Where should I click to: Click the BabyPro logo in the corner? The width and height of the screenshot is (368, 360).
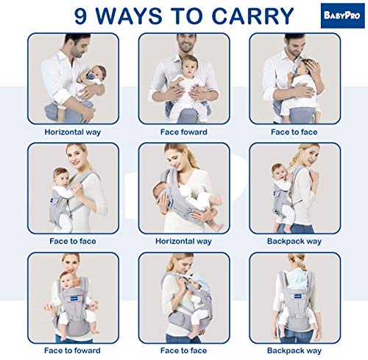(342, 15)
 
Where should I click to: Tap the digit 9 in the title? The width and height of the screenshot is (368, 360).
(81, 16)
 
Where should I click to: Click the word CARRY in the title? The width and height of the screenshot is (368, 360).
(252, 16)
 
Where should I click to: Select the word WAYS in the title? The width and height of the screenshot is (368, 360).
(129, 16)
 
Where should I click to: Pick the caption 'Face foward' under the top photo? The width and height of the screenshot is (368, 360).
(184, 132)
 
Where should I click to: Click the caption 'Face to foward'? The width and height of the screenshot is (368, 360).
(72, 350)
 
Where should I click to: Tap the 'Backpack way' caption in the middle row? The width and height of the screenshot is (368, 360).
(294, 241)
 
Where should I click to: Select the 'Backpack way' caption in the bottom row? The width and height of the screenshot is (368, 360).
(294, 350)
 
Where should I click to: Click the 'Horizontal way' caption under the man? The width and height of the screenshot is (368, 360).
(73, 132)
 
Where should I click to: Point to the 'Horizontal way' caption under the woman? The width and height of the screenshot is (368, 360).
(183, 241)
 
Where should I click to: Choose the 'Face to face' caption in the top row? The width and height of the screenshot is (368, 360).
(294, 132)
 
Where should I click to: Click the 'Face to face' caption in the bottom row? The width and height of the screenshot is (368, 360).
(183, 350)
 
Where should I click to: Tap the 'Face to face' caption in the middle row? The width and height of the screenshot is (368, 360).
(73, 241)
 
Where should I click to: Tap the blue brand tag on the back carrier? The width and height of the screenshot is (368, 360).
(297, 297)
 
